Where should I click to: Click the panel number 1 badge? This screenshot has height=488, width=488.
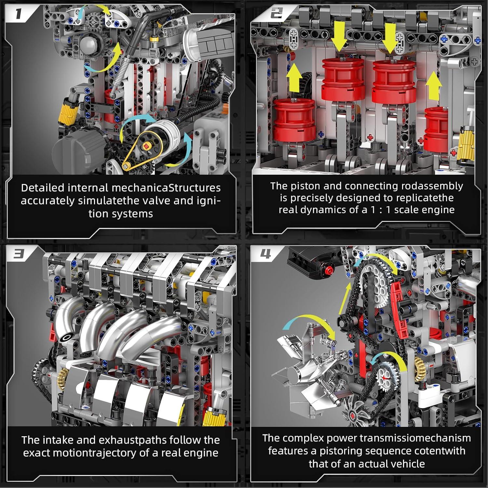[18, 14]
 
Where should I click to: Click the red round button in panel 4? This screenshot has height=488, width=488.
[329, 270]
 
